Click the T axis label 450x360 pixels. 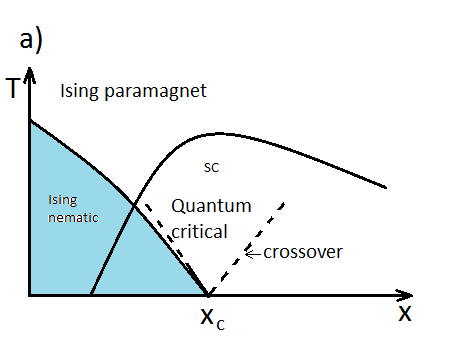coord(12,88)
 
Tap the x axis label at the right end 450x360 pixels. coord(405,312)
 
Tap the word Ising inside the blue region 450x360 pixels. coord(62,200)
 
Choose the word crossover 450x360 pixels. coord(303,251)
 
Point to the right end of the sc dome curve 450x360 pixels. coord(386,186)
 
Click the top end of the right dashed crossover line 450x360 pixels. coord(285,202)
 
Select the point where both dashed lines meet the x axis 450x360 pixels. coord(208,295)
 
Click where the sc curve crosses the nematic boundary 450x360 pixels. coord(134,206)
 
